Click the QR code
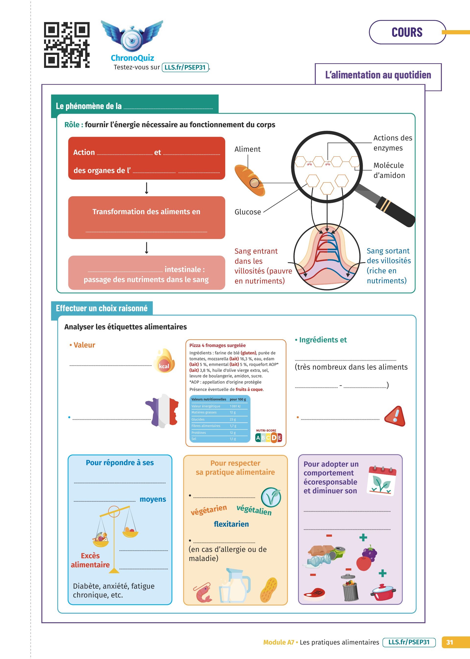coord(67,45)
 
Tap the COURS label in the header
coord(407,32)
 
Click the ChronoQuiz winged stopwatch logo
coord(132,36)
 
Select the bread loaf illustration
coord(249,180)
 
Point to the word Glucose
coord(248,212)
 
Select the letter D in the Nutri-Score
coord(274,438)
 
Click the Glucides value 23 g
coord(233,420)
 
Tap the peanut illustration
coord(269,590)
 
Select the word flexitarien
coord(231,524)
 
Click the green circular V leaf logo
coord(271,497)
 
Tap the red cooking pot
coord(383,592)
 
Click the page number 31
coord(449,642)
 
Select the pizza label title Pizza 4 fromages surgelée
coord(217,345)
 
